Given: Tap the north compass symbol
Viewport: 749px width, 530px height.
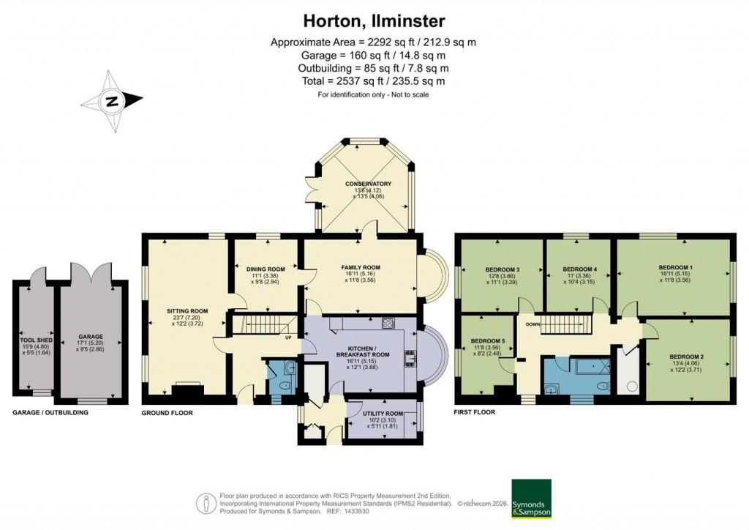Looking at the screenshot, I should pyautogui.click(x=113, y=102).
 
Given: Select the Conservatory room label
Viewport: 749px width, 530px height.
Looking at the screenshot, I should pyautogui.click(x=369, y=184).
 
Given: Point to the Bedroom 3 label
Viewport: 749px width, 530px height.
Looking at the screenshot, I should pyautogui.click(x=503, y=269).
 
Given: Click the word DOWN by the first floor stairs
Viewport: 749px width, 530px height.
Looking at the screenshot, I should pyautogui.click(x=532, y=324).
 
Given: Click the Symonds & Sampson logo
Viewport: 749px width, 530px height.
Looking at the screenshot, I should pyautogui.click(x=531, y=498).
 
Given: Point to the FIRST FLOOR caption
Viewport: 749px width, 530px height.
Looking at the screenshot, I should pyautogui.click(x=475, y=412).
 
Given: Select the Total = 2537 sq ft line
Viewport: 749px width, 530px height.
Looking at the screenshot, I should pyautogui.click(x=374, y=81).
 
